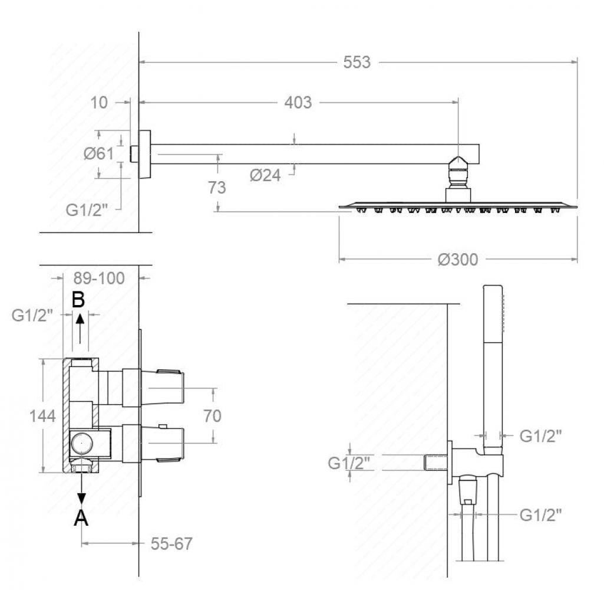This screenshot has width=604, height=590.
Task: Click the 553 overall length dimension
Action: (357, 62)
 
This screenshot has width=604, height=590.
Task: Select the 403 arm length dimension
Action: (298, 102)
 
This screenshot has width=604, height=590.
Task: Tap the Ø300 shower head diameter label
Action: (457, 259)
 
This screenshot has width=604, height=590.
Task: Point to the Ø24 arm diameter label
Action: (265, 175)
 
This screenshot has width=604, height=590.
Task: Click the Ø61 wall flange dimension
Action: (98, 154)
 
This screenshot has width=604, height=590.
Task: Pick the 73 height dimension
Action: (217, 188)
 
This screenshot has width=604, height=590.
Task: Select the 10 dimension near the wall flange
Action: (100, 102)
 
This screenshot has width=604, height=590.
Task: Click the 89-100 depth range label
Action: (100, 278)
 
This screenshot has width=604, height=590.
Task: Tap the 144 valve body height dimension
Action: (42, 416)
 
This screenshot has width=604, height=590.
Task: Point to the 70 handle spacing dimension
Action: (212, 416)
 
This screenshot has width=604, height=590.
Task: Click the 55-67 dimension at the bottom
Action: (171, 543)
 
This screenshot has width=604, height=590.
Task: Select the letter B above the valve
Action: (78, 300)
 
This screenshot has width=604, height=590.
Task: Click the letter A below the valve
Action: (81, 519)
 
